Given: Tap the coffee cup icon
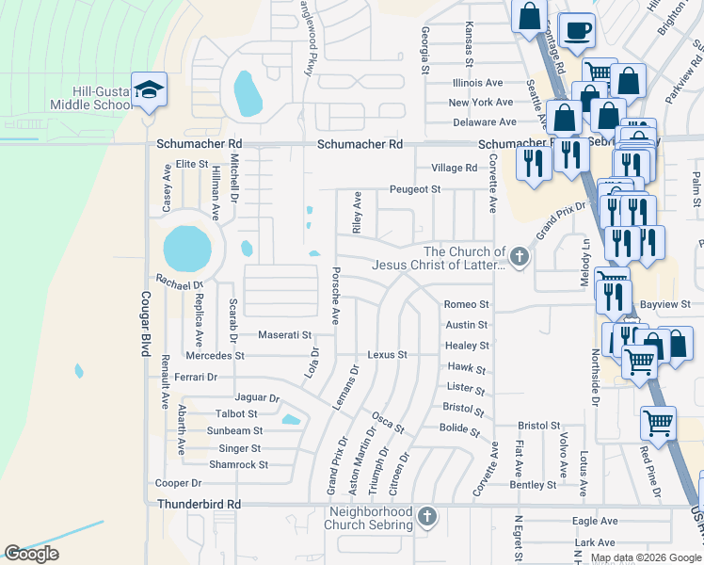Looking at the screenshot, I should pos(577,30).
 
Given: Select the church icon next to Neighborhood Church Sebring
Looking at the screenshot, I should pos(426,516).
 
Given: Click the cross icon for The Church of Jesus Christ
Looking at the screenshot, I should pos(518,255).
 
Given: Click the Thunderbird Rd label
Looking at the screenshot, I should pos(199,505).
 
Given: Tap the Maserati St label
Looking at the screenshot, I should pos(284,335).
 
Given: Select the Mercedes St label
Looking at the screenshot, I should pos(215,356).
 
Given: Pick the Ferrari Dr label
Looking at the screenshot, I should pos(196,377).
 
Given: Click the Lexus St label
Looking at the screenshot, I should pos(387,355).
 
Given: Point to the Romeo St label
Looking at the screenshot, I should pos(467,305).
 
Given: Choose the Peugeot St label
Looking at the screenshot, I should pos(415,189).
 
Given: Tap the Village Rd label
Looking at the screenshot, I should pos(454,168).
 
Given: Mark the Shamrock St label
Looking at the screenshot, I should pos(238,464).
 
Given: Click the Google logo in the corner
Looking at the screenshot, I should pos(31,554).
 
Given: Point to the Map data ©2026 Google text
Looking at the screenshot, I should pos(646,557).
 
